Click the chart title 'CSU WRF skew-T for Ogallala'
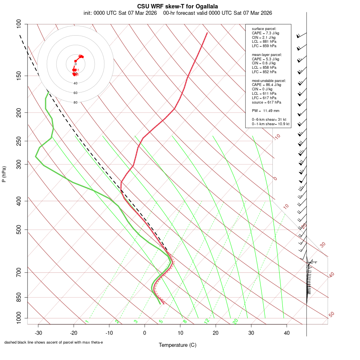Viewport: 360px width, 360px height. pos(178,6)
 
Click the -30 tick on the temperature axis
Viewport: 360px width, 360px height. pos(38,333)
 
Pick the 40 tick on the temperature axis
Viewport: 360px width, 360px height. pos(287,333)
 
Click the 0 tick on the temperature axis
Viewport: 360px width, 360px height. pos(145,333)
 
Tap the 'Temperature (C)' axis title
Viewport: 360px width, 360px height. pos(178,345)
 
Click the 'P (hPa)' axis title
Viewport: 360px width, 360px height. pos(4,174)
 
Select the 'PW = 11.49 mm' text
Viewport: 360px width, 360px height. pos(266,110)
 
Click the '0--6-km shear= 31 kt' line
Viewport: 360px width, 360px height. pos(269,120)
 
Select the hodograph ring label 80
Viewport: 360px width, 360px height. pos(75,102)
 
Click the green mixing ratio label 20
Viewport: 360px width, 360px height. pos(235,321)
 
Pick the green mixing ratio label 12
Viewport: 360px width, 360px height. pos(207,321)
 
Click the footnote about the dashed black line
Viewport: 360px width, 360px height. pos(54,342)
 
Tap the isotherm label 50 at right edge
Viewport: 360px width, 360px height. pos(331,314)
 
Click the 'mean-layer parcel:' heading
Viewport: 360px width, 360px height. pos(267,55)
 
